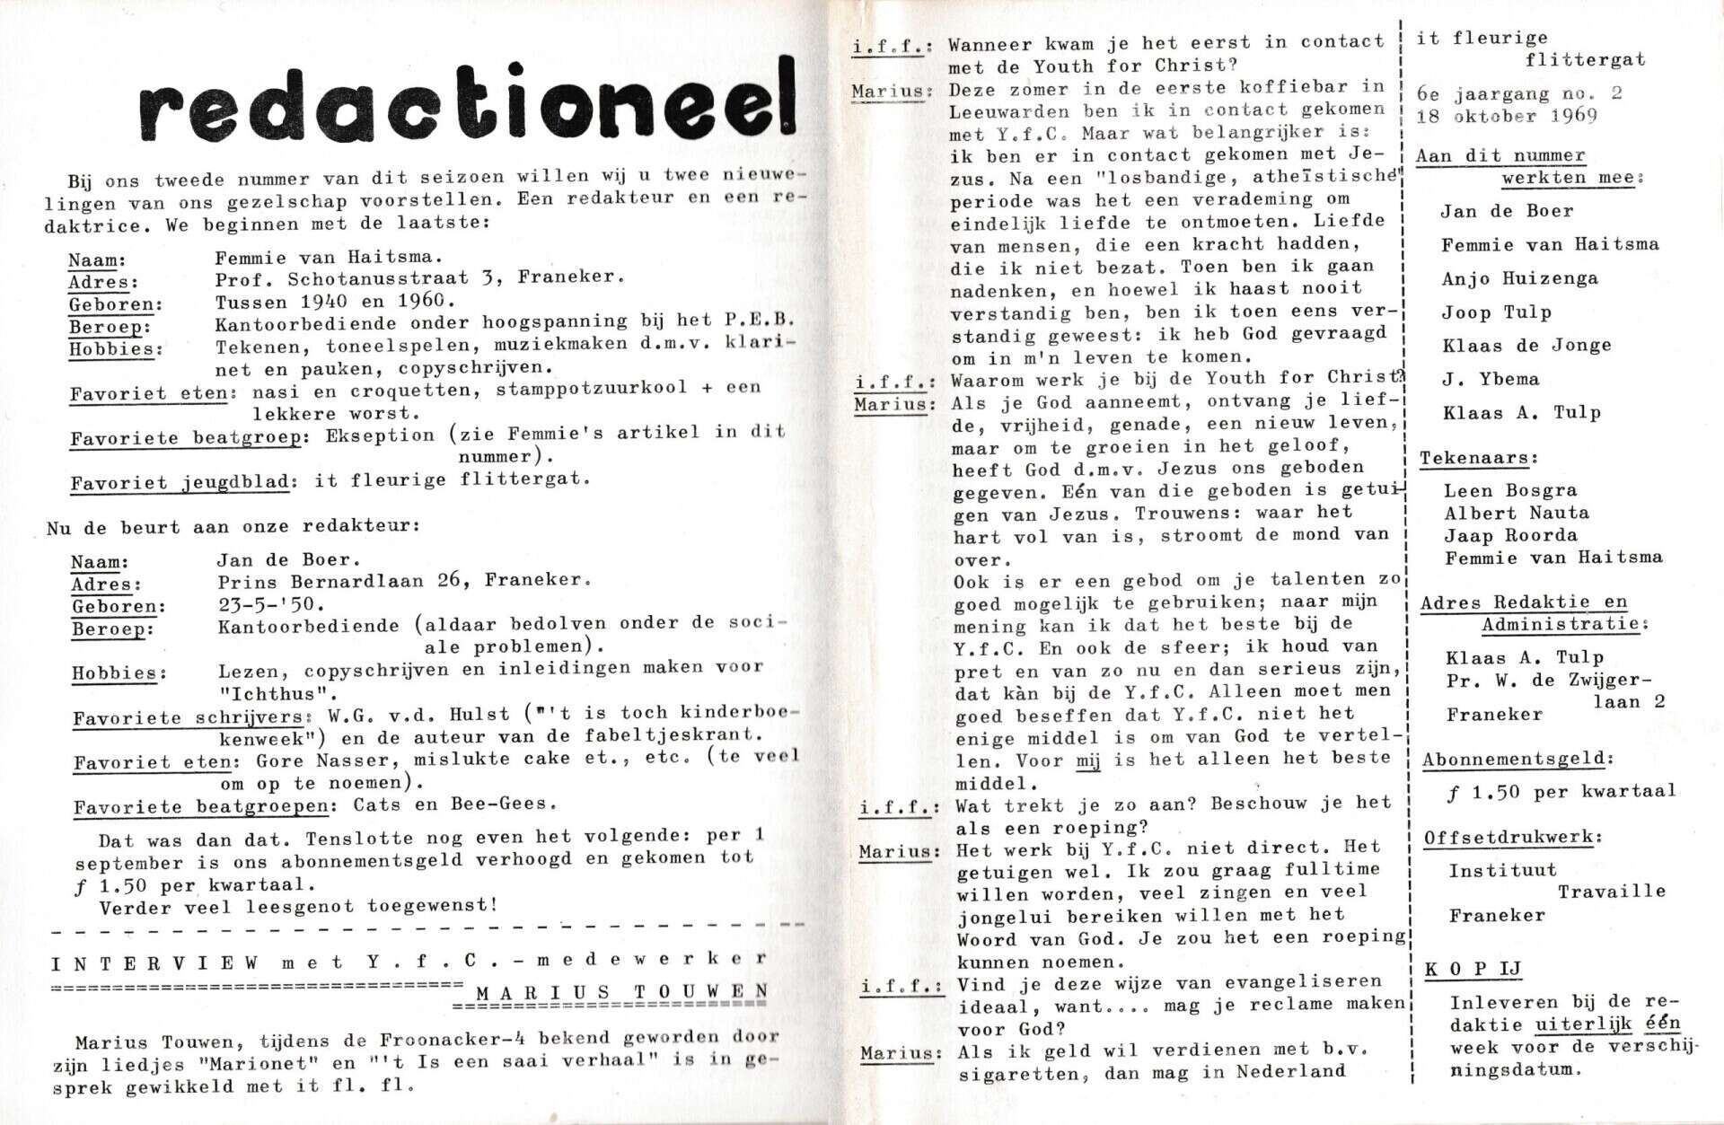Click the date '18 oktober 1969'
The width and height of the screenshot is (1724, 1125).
(1507, 117)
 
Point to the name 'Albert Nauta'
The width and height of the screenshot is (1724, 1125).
(1516, 513)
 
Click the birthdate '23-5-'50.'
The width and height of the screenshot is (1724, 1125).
(271, 604)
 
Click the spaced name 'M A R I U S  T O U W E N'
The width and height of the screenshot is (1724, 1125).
(621, 992)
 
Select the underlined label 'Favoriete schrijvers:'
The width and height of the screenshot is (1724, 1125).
(192, 716)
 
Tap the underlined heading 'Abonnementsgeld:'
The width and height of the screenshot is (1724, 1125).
(1517, 759)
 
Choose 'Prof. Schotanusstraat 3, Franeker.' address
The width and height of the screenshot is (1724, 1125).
(419, 277)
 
